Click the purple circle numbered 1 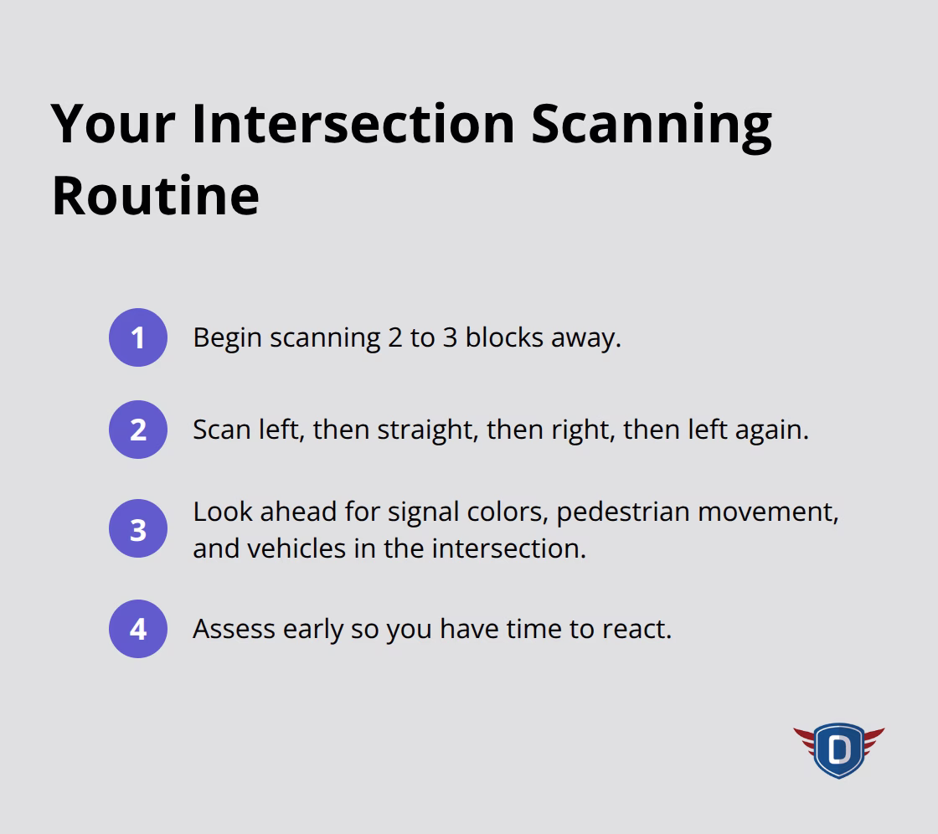pyautogui.click(x=138, y=337)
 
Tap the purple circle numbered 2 pyautogui.click(x=138, y=430)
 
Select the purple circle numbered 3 pyautogui.click(x=138, y=529)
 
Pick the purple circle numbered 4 pyautogui.click(x=138, y=628)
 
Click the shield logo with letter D pyautogui.click(x=838, y=749)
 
